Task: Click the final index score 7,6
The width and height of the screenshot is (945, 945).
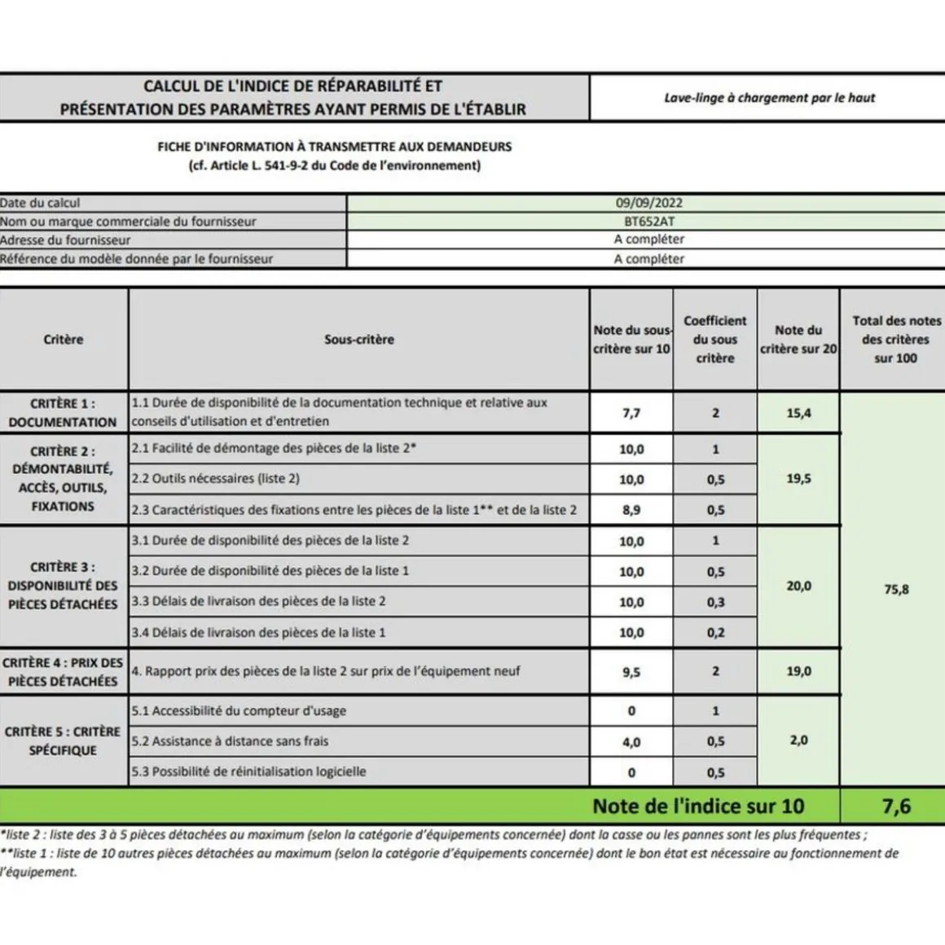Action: coord(896,807)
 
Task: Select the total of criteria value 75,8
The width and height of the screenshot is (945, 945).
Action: coord(896,589)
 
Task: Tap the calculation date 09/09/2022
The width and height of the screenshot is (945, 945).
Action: coord(649,203)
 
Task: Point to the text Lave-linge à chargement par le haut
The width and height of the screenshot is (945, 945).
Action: coord(769,98)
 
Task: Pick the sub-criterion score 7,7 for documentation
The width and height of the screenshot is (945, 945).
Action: coord(631,413)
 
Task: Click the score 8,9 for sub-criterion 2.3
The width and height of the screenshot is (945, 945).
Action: coord(631,510)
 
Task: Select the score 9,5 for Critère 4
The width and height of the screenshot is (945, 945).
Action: coord(631,672)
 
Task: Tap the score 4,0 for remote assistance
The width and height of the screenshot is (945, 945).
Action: coord(631,742)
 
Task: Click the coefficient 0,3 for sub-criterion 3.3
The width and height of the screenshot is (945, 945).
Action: coord(715,602)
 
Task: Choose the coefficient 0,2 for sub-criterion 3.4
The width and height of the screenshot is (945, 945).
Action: coord(715,632)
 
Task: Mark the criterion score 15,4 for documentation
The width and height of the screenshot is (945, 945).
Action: coord(798,413)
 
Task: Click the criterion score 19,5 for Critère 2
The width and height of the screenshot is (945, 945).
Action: coord(798,479)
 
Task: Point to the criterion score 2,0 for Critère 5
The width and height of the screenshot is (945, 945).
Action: coord(798,741)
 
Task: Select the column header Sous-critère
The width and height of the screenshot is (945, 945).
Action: coord(359,340)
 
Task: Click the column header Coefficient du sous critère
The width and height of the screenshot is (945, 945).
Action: coord(715,340)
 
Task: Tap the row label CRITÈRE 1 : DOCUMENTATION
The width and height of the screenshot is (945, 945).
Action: coord(63,413)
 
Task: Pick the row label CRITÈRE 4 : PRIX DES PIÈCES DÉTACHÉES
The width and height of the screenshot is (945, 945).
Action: coord(63,672)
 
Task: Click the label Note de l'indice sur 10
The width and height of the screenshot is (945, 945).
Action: coord(698,807)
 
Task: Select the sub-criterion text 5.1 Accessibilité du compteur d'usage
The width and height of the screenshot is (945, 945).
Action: coord(239,711)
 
